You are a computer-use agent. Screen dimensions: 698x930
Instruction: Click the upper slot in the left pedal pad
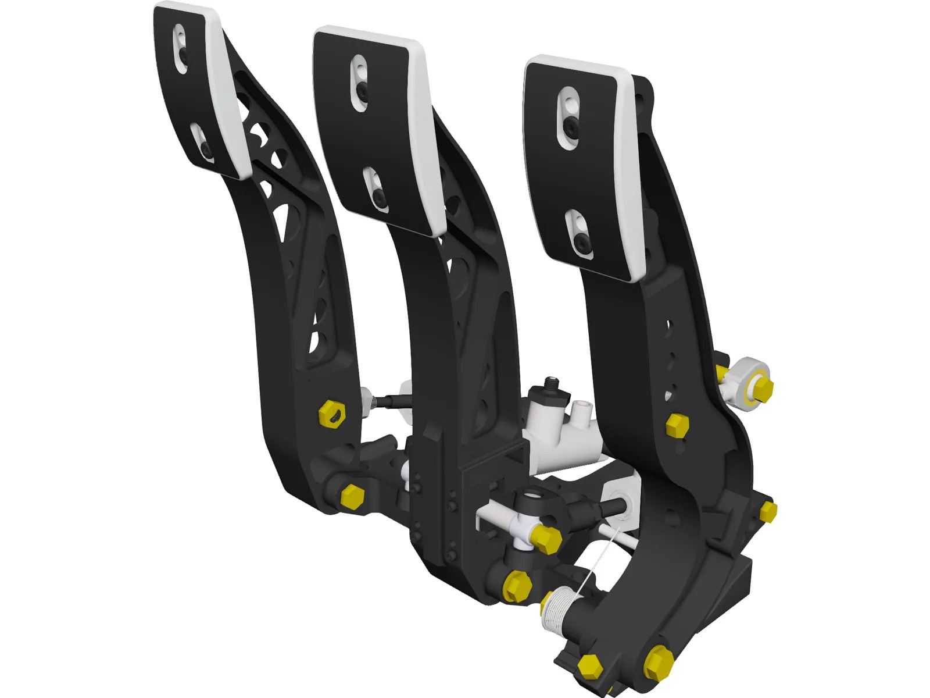[181, 49]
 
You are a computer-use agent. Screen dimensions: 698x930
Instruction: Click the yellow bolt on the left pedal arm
[332, 414]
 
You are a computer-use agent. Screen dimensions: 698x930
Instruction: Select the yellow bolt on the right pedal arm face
[677, 426]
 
